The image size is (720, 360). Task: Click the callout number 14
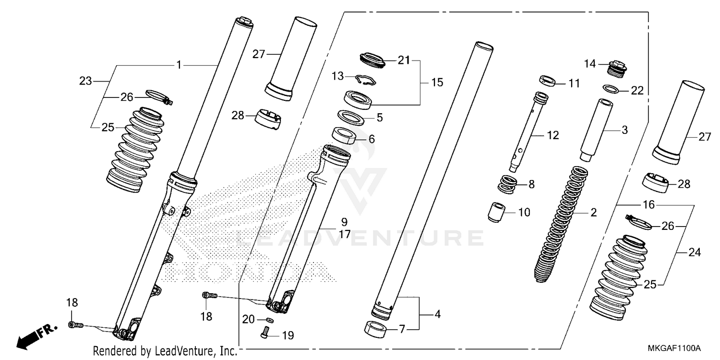coord(589,63)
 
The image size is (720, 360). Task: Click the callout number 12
coord(552,136)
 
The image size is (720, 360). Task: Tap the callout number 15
coord(437,83)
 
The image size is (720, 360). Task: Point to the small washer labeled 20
coord(270,319)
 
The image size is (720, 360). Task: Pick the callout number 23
coord(85,82)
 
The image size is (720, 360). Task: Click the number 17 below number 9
coord(344,235)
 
